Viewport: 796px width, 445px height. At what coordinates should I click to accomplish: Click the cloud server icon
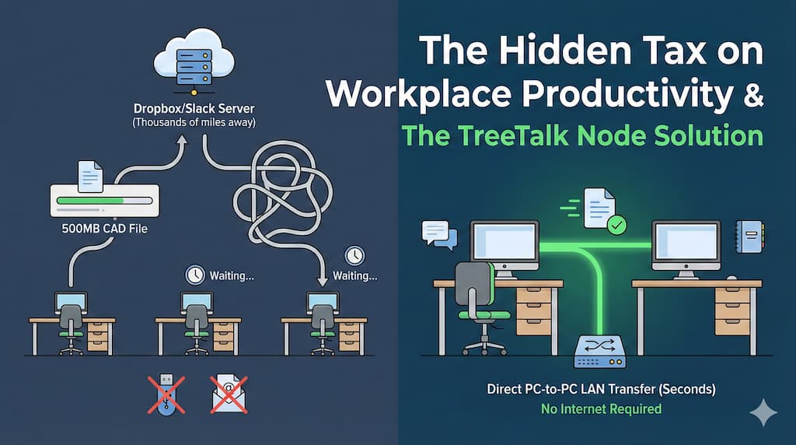(x=185, y=58)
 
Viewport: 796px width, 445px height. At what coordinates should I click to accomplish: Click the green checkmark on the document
(x=616, y=225)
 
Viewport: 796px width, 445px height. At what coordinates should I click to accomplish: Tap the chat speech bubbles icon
(x=437, y=233)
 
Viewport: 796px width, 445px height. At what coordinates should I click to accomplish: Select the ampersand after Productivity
(x=749, y=93)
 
